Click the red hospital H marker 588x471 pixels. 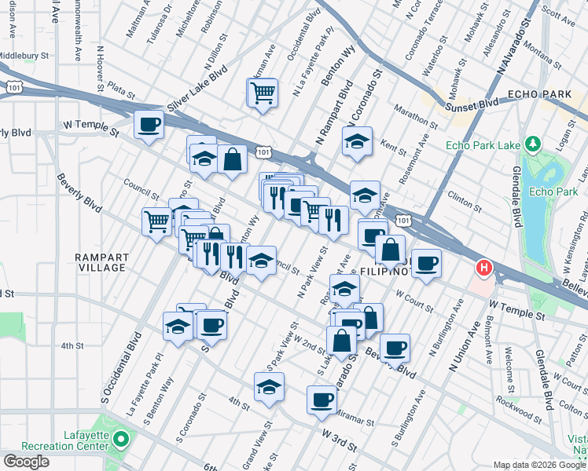click(x=485, y=268)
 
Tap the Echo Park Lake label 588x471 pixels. click(x=480, y=145)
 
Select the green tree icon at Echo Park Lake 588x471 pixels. click(x=533, y=144)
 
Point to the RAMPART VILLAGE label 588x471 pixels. click(x=101, y=262)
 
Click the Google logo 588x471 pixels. click(x=26, y=462)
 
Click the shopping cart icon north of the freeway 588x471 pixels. click(x=263, y=93)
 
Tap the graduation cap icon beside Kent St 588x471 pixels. click(x=357, y=142)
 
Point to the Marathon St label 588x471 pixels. click(x=417, y=116)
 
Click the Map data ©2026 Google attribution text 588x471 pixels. click(x=539, y=465)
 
